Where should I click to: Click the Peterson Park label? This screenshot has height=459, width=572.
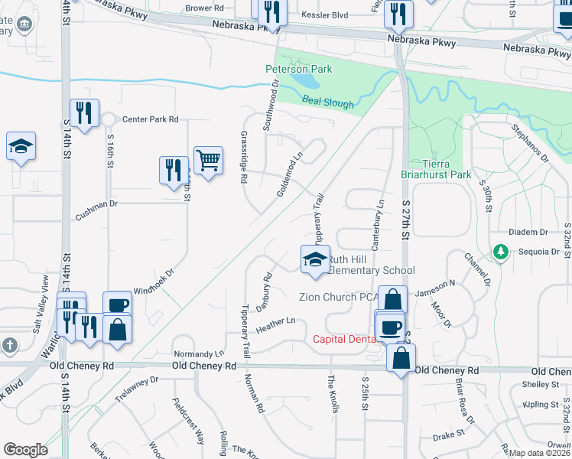tap(298, 69)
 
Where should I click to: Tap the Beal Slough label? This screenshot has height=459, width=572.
tap(327, 102)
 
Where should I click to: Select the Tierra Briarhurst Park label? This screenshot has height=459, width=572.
tap(437, 169)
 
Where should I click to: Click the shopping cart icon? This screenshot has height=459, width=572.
tap(208, 161)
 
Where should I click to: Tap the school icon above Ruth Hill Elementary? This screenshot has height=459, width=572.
tap(314, 259)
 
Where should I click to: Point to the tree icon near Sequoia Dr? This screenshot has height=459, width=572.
tap(501, 251)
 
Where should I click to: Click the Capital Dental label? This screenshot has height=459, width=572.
tap(343, 339)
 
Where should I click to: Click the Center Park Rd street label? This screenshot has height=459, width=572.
tap(150, 119)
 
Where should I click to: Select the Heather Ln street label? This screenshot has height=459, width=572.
tap(275, 325)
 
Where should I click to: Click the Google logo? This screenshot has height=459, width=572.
tap(25, 449)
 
